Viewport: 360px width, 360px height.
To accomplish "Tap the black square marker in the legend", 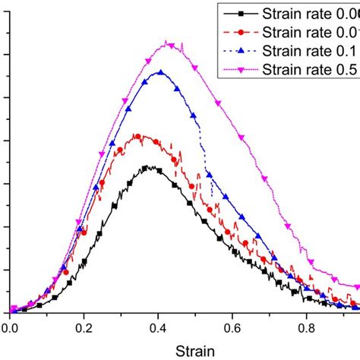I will click(x=241, y=14).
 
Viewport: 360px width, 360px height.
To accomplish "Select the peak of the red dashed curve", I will click(x=137, y=135).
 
